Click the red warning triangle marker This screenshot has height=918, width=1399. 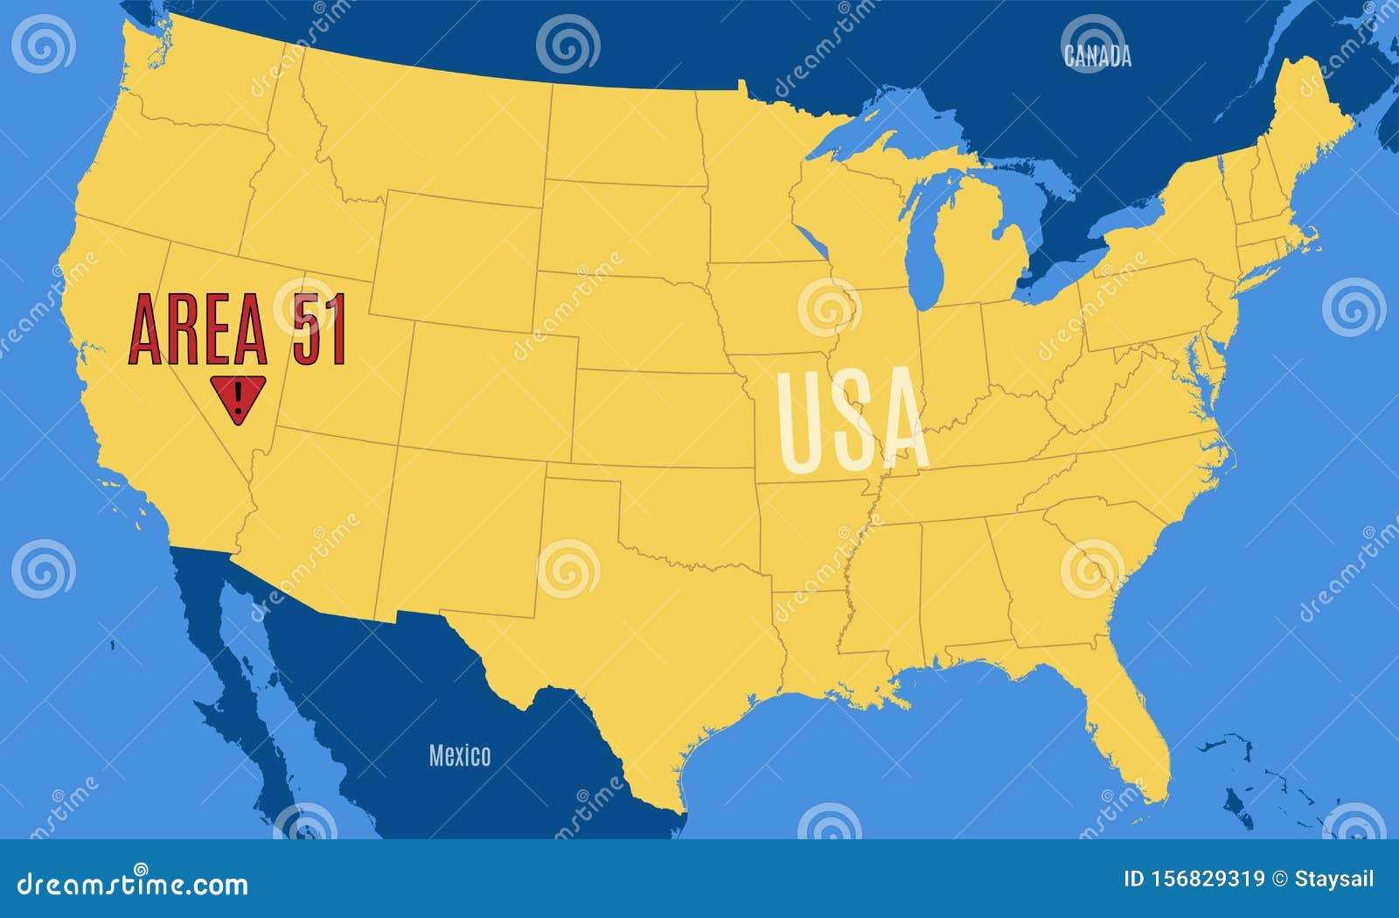click(x=237, y=397)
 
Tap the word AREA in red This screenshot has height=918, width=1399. click(x=198, y=329)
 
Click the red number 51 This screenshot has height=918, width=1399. click(x=319, y=329)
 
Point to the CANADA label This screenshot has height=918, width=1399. click(x=1097, y=56)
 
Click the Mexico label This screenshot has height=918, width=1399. click(x=460, y=755)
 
